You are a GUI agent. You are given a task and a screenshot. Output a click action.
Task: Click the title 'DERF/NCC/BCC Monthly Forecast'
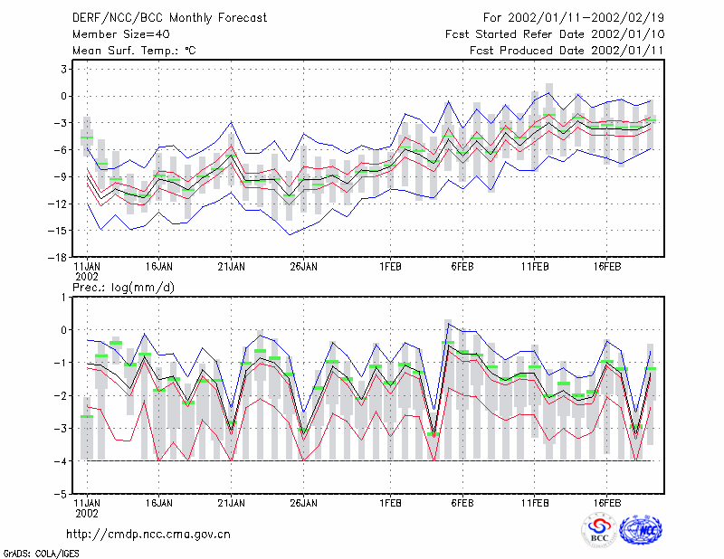point(169,18)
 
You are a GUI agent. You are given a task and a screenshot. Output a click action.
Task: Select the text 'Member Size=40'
point(121,34)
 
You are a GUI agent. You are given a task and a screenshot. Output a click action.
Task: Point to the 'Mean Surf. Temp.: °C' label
point(134,51)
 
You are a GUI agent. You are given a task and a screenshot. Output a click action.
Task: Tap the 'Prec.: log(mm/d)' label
point(123,288)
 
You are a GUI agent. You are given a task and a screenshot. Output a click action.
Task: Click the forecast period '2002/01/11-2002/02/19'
point(586,18)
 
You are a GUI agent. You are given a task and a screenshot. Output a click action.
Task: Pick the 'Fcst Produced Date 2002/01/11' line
point(567,51)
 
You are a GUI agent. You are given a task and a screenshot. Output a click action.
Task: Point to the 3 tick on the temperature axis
point(63,70)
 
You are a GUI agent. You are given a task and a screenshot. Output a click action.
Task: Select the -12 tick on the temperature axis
point(57,204)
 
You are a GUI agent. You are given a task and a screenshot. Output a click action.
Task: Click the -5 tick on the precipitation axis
point(61,494)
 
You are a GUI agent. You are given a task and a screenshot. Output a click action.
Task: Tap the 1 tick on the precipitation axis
point(63,298)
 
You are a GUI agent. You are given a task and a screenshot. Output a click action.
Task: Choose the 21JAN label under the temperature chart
point(232,267)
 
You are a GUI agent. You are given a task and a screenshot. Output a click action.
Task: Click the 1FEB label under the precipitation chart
point(390,503)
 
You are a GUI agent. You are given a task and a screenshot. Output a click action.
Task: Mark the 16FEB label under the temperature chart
point(606,267)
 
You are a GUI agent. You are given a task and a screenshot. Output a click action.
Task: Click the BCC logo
point(599,530)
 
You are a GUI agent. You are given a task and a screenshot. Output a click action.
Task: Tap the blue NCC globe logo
point(641,530)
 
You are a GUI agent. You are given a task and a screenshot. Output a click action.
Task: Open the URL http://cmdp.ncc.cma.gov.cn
point(148,535)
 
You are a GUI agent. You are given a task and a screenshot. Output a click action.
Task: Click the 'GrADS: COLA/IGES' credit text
point(41,554)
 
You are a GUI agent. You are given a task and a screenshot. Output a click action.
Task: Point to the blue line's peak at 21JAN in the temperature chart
point(232,122)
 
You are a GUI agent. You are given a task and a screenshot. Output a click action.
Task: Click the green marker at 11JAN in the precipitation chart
point(87,417)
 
